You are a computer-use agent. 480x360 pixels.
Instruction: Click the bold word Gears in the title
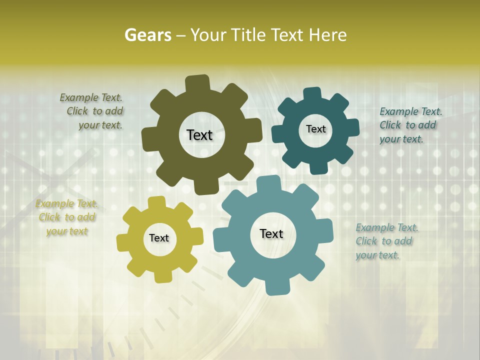[147, 35]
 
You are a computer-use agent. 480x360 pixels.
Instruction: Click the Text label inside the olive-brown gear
[199, 135]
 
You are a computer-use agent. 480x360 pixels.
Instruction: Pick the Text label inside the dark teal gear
[315, 129]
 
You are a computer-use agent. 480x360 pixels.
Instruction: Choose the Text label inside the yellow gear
[159, 238]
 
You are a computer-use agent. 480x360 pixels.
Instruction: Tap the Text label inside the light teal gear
[271, 233]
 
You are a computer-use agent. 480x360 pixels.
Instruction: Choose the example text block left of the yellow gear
[66, 217]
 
